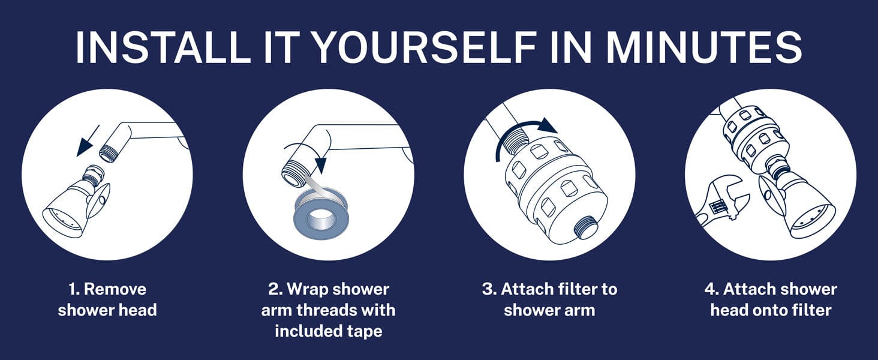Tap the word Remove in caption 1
pyautogui.click(x=115, y=289)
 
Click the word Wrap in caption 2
pyautogui.click(x=308, y=289)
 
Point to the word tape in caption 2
pyautogui.click(x=365, y=331)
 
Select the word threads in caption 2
pyautogui.click(x=332, y=310)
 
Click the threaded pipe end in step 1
pyautogui.click(x=107, y=151)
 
